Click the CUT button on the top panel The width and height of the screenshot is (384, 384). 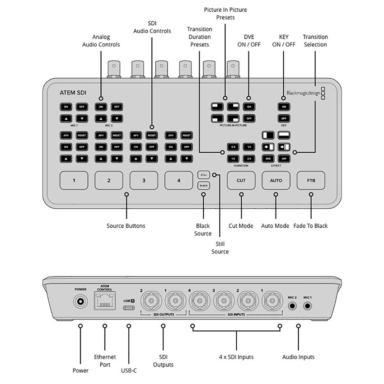tap(241, 180)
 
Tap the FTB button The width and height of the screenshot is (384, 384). tap(311, 180)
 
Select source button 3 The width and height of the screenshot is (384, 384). tap(144, 180)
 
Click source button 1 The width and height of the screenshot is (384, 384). tap(74, 180)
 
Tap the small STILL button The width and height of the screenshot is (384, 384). tap(203, 174)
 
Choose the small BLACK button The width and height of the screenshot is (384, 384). tap(203, 185)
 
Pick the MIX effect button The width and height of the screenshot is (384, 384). tap(268, 159)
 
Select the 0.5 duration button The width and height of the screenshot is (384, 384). tap(233, 147)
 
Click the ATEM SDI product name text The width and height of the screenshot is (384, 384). tap(73, 93)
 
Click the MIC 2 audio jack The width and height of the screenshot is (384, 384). tap(292, 306)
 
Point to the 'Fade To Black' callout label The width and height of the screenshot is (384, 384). tap(310, 226)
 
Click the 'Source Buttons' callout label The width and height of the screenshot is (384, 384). tap(126, 226)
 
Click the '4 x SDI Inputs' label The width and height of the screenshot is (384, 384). tap(236, 357)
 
